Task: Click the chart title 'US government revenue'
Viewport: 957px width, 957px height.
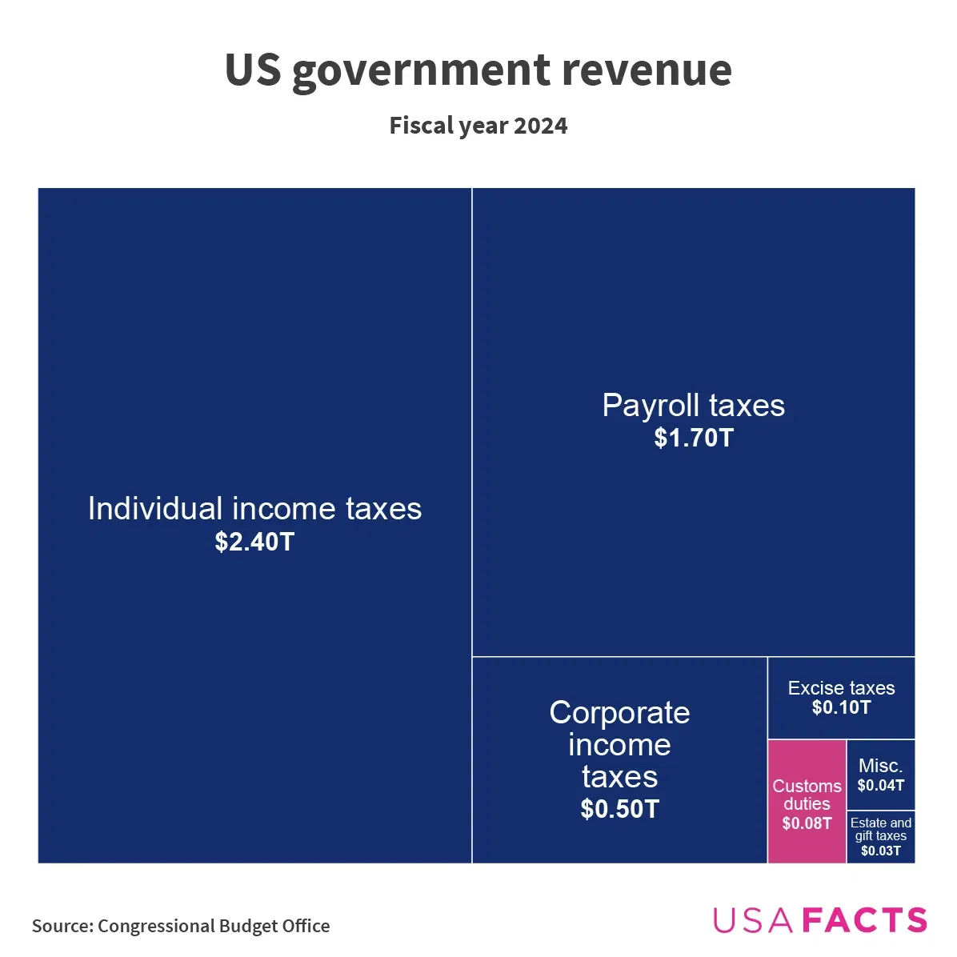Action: point(478,70)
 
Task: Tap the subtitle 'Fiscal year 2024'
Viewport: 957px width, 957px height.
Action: point(478,126)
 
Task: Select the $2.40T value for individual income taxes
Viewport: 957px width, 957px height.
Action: point(254,543)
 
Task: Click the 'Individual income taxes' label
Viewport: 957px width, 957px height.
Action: point(254,509)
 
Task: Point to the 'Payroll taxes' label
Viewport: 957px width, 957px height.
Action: point(693,406)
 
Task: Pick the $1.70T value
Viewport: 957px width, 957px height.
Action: point(693,438)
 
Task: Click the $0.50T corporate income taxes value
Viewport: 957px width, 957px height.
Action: point(619,809)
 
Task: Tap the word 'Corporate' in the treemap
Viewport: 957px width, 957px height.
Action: point(619,713)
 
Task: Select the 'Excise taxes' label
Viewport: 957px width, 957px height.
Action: point(841,688)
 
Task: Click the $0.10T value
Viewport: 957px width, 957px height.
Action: point(841,707)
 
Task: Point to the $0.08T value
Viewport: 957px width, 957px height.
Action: point(807,823)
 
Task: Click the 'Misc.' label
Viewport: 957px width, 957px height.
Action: point(880,766)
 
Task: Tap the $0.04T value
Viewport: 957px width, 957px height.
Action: point(880,786)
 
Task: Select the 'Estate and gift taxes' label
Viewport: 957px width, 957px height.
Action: point(880,829)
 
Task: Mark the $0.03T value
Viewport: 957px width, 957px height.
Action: point(880,851)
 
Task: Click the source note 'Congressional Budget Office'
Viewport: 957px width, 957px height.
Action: point(214,926)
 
